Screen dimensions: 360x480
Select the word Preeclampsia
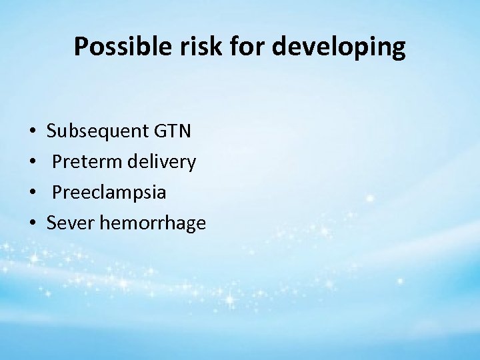[x=109, y=193]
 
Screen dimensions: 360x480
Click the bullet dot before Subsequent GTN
[x=33, y=131]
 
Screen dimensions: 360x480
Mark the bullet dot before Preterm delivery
[x=33, y=162]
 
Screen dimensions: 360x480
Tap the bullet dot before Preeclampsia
[x=33, y=193]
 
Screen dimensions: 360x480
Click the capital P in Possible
[x=81, y=47]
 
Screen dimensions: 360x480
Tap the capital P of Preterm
[x=57, y=161]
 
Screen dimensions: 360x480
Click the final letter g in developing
[x=397, y=49]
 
